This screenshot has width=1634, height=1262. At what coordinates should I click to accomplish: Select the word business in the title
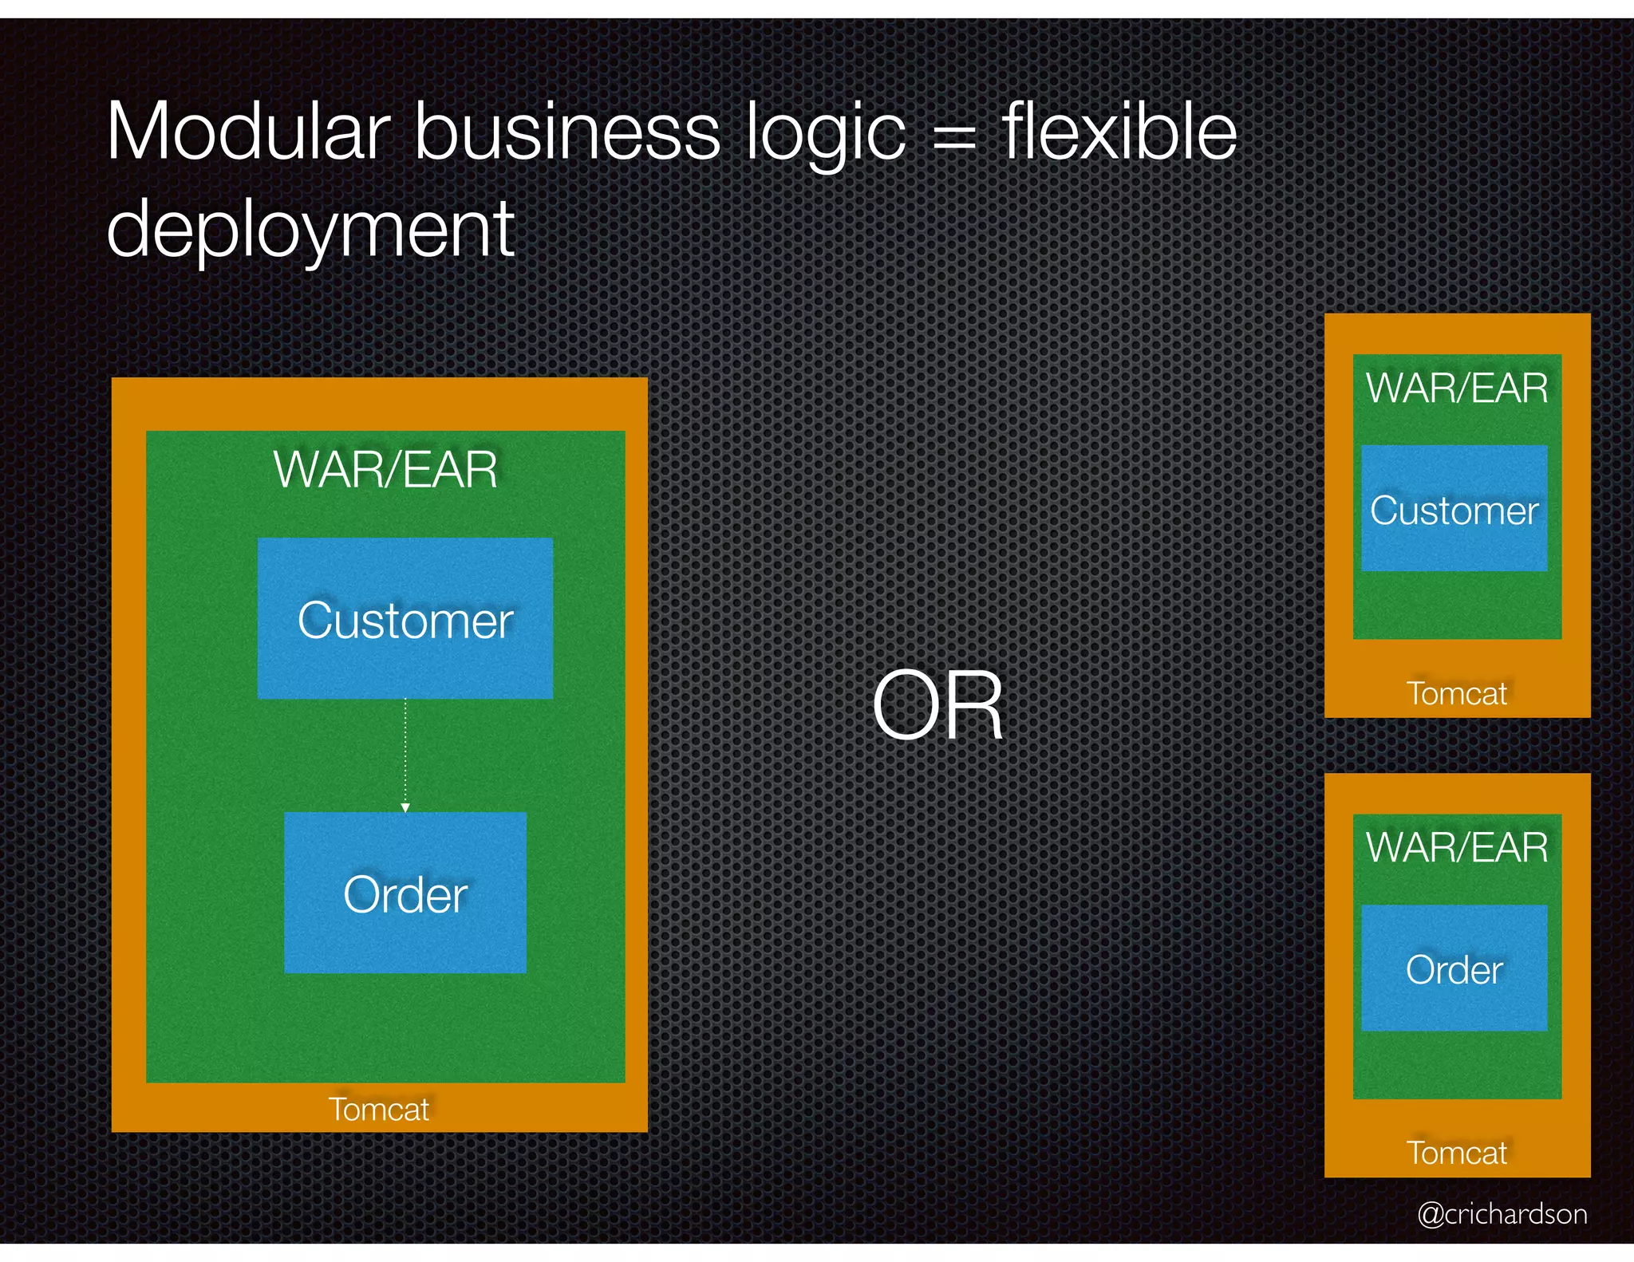point(567,132)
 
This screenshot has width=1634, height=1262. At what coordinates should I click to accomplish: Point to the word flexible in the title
point(1119,132)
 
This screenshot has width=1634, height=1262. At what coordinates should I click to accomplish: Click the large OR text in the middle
point(937,706)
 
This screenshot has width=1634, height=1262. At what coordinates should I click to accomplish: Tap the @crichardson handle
point(1502,1214)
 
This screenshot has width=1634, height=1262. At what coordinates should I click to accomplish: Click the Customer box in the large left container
point(405,618)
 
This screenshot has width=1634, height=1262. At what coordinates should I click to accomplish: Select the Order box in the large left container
point(405,893)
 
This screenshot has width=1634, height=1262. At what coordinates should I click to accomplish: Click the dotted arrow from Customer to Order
point(405,754)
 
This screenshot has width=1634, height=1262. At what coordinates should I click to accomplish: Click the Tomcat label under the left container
point(379,1110)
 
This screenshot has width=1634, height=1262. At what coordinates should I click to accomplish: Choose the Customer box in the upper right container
point(1454,509)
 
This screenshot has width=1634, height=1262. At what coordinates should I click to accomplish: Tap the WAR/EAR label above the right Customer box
point(1457,388)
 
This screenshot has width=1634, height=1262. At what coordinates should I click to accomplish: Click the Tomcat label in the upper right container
point(1457,693)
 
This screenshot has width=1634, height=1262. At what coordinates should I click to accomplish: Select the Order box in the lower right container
point(1454,968)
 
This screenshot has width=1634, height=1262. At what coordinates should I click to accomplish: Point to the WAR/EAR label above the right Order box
point(1457,847)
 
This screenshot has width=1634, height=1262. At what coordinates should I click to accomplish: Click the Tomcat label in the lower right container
point(1457,1153)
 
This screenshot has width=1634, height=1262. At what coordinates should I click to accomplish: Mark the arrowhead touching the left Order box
point(405,808)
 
